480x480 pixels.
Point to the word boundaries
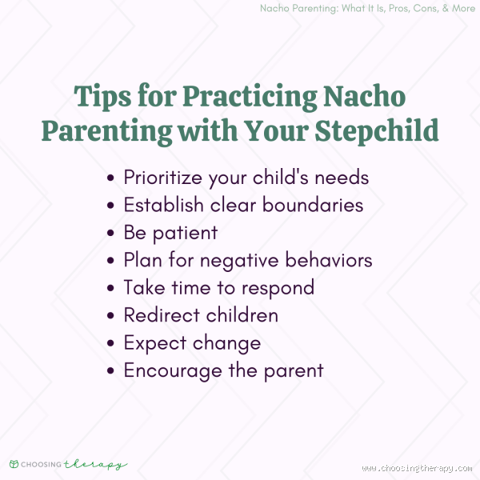tap(314, 205)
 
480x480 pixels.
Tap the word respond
tap(275, 288)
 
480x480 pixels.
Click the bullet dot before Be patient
tap(111, 233)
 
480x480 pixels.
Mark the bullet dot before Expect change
tap(111, 343)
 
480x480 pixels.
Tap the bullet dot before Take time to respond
tap(111, 288)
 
